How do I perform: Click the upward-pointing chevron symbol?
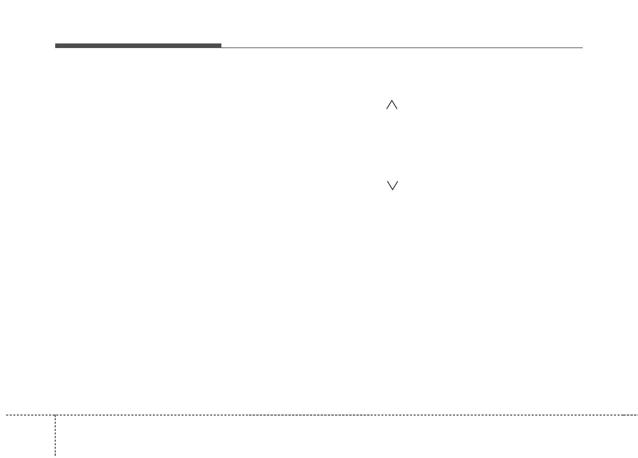click(x=392, y=105)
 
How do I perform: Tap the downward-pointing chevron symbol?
click(x=392, y=186)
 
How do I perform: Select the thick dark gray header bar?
click(x=138, y=46)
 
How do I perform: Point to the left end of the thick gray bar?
click(x=56, y=46)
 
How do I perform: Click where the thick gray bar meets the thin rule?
click(x=221, y=47)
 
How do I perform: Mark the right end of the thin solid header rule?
click(x=582, y=48)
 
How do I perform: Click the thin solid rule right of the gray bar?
click(x=402, y=48)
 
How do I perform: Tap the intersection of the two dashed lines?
click(x=55, y=415)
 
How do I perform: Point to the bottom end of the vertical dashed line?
click(x=55, y=455)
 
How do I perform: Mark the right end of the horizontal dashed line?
click(x=637, y=415)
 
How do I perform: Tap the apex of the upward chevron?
click(x=392, y=101)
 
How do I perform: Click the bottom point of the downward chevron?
click(x=392, y=190)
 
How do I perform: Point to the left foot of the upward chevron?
click(x=387, y=109)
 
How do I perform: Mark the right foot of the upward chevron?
click(x=397, y=109)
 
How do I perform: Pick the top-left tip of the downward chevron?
click(x=387, y=181)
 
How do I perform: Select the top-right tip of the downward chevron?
click(x=397, y=181)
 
